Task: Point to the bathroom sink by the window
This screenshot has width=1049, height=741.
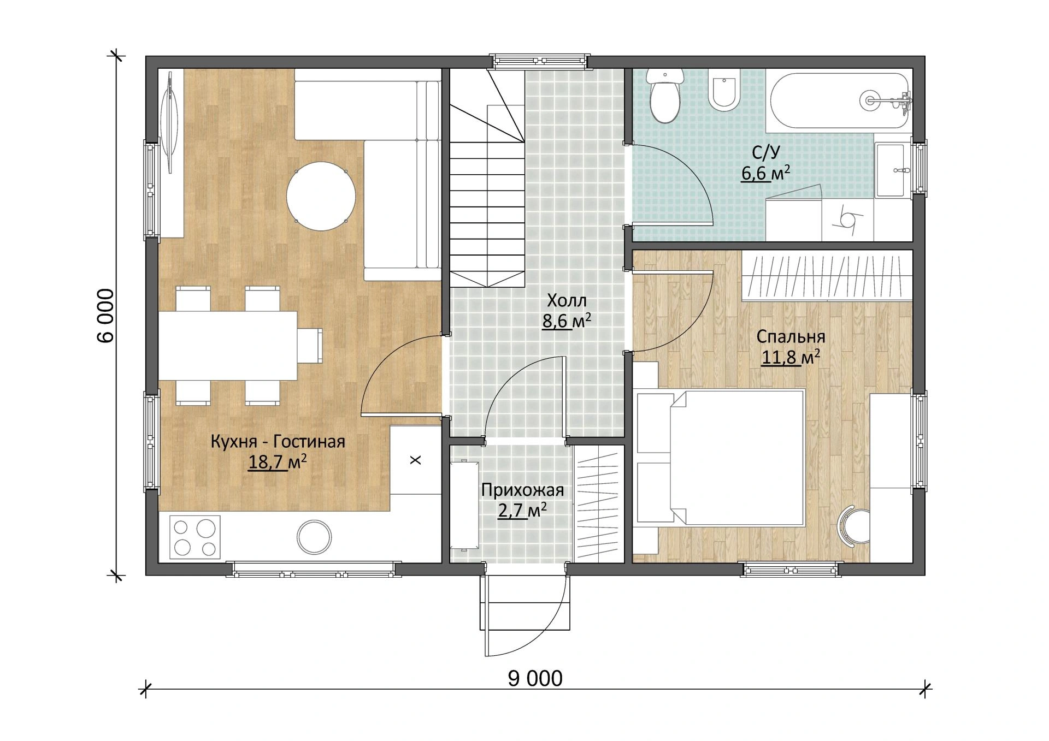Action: coord(894,170)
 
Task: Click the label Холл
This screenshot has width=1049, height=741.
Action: coord(567,300)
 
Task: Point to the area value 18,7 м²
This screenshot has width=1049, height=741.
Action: coord(277,463)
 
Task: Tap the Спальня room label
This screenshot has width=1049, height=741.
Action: coord(791,337)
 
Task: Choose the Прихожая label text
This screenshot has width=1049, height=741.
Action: coord(522,490)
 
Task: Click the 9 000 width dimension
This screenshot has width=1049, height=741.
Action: coord(535,678)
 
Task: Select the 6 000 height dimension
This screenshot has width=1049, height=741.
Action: coord(105,316)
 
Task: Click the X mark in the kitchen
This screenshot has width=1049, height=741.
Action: coord(416,460)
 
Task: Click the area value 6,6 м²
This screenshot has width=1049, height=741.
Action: coord(765,174)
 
